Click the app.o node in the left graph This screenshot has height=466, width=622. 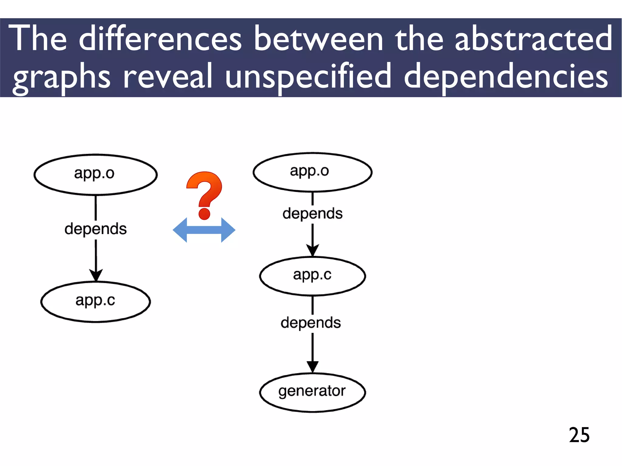pyautogui.click(x=95, y=175)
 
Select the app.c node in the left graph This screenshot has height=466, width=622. pyautogui.click(x=95, y=301)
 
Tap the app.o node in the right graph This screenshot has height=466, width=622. pyautogui.click(x=312, y=172)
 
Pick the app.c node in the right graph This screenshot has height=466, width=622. pyautogui.click(x=312, y=276)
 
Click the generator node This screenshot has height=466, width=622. pyautogui.click(x=312, y=392)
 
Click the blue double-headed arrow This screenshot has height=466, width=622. pyautogui.click(x=204, y=230)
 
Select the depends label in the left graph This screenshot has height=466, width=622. pyautogui.click(x=95, y=229)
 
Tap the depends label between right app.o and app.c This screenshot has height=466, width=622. pyautogui.click(x=312, y=213)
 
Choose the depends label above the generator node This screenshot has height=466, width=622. pyautogui.click(x=311, y=323)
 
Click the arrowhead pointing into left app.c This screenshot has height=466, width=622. pyautogui.click(x=96, y=275)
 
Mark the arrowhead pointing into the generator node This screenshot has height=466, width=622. pyautogui.click(x=312, y=366)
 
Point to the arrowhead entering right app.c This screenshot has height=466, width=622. pyautogui.click(x=312, y=250)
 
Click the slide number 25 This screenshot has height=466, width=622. pyautogui.click(x=579, y=435)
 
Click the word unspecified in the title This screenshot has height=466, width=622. pyautogui.click(x=308, y=77)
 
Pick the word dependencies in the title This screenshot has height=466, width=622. pyautogui.click(x=506, y=77)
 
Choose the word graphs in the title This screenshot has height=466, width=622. pyautogui.click(x=62, y=77)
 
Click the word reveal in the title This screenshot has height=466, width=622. pyautogui.click(x=168, y=77)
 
